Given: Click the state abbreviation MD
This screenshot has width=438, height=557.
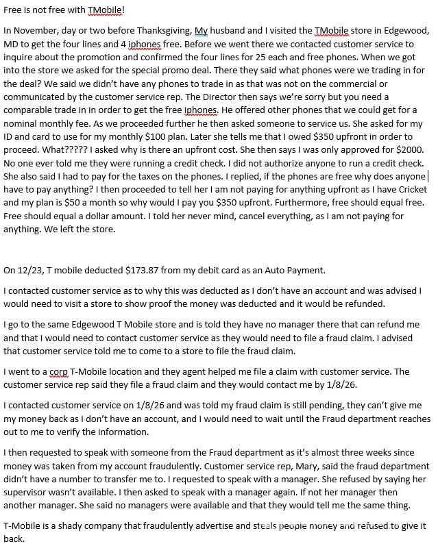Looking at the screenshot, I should [x=12, y=46].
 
